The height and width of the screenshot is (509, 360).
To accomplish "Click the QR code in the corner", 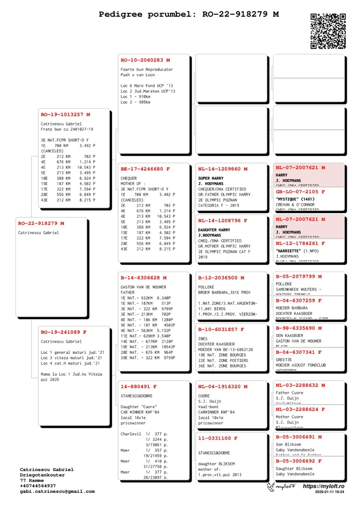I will click(x=328, y=31).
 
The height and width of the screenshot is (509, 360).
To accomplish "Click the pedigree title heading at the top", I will click(x=189, y=14).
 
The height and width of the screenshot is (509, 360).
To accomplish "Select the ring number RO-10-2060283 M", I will click(x=145, y=60).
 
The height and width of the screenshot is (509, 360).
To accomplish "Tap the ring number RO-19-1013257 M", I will click(x=65, y=115).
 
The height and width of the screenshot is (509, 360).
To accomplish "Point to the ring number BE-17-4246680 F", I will click(x=145, y=169).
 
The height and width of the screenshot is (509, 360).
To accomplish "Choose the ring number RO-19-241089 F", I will click(x=63, y=332).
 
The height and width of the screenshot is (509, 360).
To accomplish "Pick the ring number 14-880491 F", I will click(x=139, y=387).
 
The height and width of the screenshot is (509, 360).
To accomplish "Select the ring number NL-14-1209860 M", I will click(x=223, y=169).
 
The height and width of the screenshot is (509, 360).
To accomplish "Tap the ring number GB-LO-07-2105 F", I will click(x=300, y=192).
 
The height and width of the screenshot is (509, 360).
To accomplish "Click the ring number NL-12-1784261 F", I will click(x=300, y=243).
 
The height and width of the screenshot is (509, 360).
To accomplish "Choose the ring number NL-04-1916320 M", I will click(x=223, y=387).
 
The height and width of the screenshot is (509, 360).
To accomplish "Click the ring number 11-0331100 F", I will click(x=218, y=438).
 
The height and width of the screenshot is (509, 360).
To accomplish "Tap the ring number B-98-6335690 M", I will click(x=298, y=328).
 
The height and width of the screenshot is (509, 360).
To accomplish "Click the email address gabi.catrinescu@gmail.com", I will click(x=57, y=491).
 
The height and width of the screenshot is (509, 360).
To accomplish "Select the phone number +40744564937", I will click(x=38, y=486).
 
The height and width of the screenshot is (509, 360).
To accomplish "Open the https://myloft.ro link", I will click(x=324, y=486).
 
